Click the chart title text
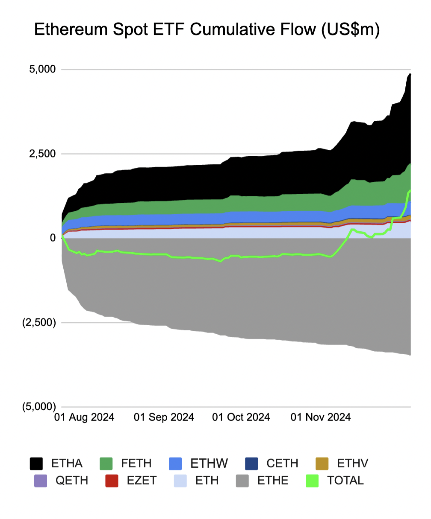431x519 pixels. (207, 30)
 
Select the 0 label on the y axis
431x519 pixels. (53, 238)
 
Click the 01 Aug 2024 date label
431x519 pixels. (84, 417)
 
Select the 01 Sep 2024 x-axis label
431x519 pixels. (164, 417)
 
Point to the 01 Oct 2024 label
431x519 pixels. (241, 417)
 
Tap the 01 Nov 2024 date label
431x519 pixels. (321, 417)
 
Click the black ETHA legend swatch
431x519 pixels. (36, 464)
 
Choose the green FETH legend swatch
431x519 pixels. (106, 464)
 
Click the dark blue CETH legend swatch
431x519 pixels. (251, 464)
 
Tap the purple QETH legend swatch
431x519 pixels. (41, 481)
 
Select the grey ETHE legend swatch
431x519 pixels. (242, 481)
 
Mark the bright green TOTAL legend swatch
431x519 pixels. (313, 481)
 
